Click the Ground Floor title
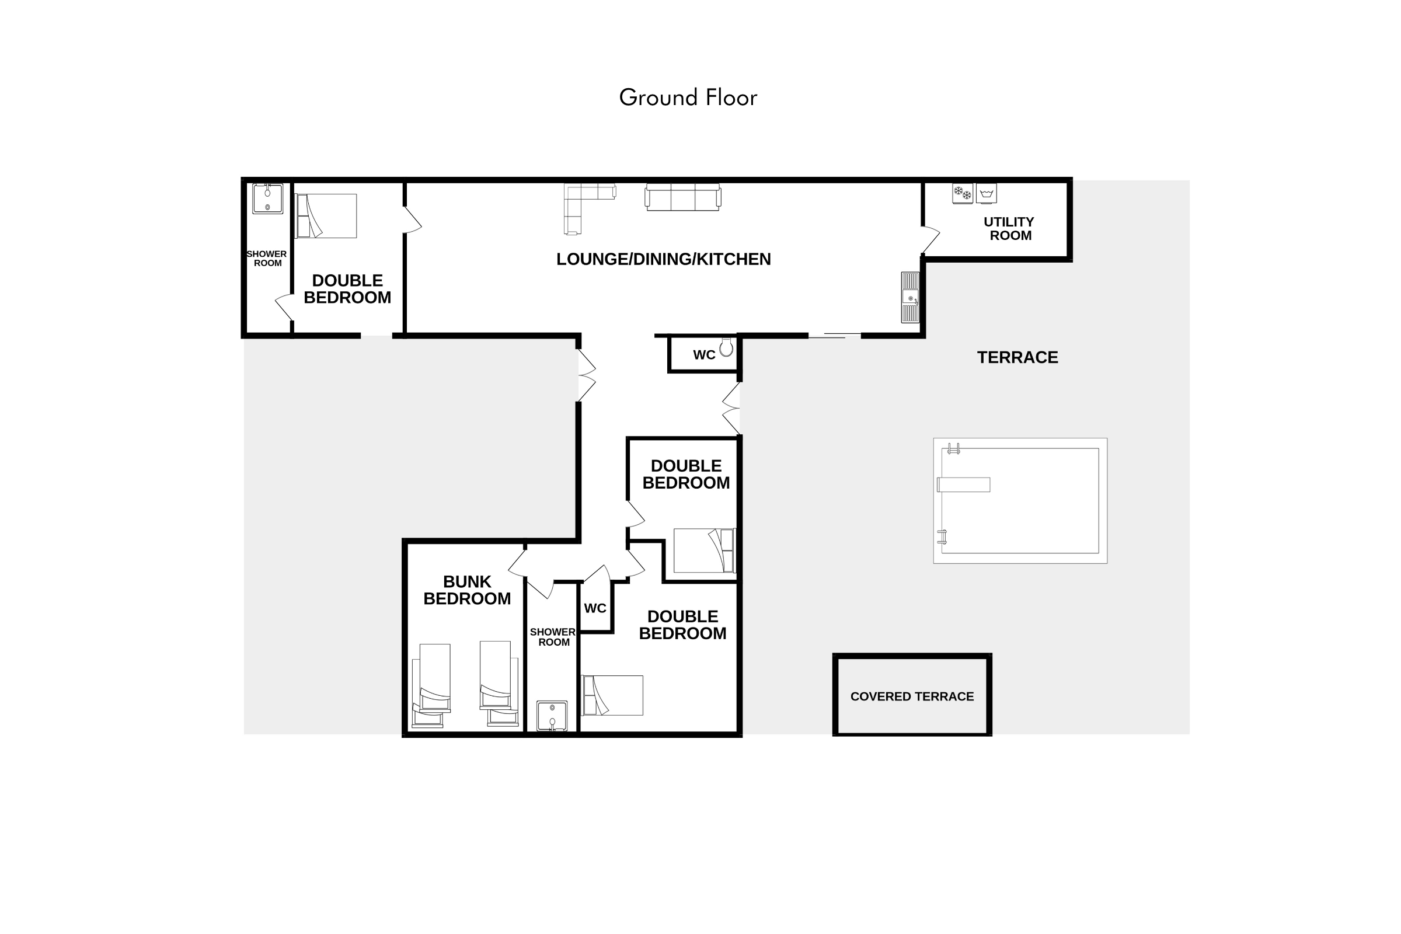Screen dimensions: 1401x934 coord(688,97)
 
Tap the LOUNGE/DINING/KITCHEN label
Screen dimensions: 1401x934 coord(664,259)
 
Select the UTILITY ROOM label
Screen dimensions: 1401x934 coord(1010,229)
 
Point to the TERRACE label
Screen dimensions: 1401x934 coord(1017,357)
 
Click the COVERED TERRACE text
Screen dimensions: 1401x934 coord(912,696)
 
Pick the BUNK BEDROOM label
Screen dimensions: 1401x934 coord(467,590)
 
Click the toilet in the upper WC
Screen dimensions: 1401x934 coord(726,347)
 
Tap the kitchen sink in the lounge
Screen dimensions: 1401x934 coord(910,297)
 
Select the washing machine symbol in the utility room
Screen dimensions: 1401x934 coord(987,193)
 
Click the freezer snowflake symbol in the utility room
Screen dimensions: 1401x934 coord(963,193)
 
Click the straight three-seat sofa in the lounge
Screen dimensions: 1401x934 coord(682,197)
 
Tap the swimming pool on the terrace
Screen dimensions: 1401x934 coord(1020,500)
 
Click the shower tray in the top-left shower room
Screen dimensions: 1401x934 coord(267,198)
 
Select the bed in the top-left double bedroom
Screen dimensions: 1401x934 coord(326,215)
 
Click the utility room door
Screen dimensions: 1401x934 coord(931,239)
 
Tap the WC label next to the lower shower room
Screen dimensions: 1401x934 coord(595,608)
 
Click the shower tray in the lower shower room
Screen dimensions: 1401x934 coord(552,716)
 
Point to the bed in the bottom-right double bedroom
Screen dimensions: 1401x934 coord(612,695)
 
